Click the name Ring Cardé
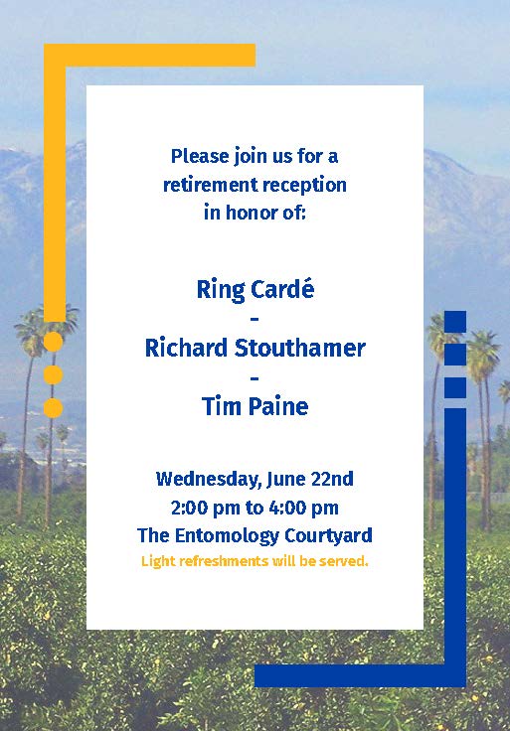(255, 290)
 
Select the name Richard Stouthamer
(255, 348)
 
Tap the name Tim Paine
(255, 406)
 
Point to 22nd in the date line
(332, 479)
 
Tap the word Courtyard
(328, 535)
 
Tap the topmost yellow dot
(54, 342)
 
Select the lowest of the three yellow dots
(54, 408)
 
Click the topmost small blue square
(455, 322)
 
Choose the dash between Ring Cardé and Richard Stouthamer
(255, 320)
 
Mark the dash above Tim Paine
(255, 377)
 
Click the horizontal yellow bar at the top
(149, 55)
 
